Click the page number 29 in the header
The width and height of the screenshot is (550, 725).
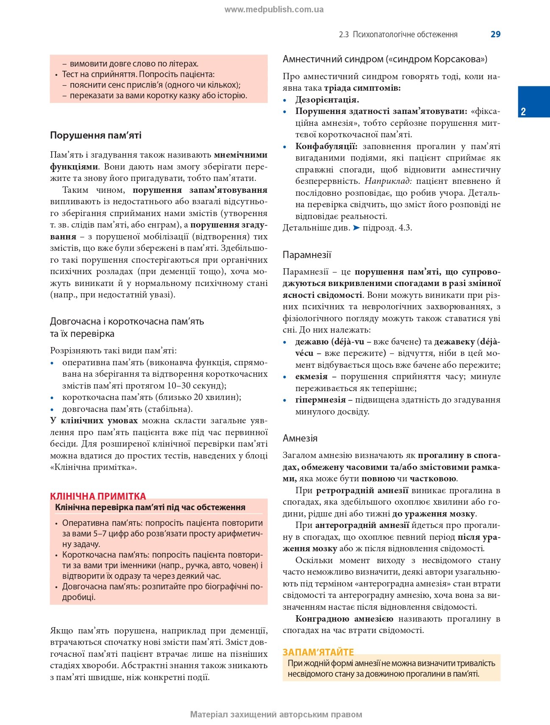pos(495,34)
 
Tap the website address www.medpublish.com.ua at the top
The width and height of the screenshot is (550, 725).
pos(274,9)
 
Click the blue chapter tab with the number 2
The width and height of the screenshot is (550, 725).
pos(533,102)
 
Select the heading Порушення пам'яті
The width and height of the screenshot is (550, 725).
pos(96,136)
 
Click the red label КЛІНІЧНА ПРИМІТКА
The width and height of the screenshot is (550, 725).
pos(98,496)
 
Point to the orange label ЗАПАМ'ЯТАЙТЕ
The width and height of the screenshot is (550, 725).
pos(318,652)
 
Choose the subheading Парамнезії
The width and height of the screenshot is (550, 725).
pos(307,255)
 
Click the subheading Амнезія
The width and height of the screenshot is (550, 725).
pos(300,438)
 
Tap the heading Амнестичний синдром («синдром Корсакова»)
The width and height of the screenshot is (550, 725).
pos(385,59)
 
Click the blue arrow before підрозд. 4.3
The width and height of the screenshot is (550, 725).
pos(356,228)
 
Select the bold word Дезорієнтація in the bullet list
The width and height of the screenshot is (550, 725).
pos(327,100)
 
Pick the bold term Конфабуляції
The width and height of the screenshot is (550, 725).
pos(326,147)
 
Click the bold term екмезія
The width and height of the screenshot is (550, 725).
pos(311,377)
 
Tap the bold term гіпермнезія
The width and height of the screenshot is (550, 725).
pos(320,400)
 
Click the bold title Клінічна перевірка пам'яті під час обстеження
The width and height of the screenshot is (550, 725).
pos(150,507)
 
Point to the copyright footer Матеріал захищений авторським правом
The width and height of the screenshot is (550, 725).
pos(276,714)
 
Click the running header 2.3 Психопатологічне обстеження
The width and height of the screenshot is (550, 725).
pos(398,35)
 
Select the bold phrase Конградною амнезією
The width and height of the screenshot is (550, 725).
pos(344,619)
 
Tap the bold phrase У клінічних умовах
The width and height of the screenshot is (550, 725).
pos(94,421)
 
